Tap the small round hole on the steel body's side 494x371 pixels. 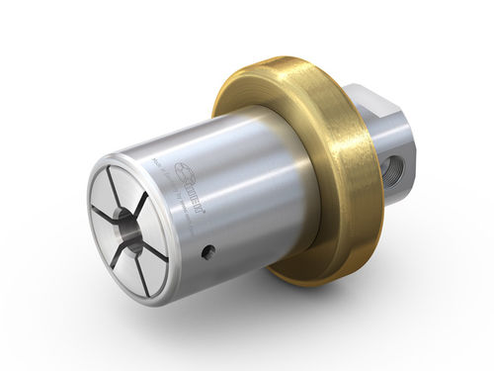(x=206, y=253)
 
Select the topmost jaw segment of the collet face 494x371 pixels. (x=125, y=182)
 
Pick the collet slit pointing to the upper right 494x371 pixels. (x=146, y=194)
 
